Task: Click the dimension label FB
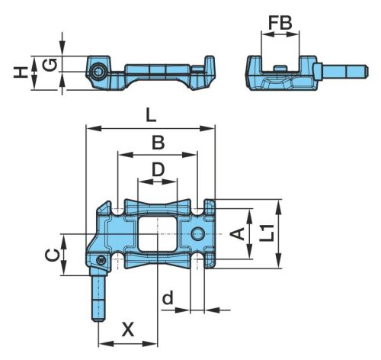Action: coord(280,23)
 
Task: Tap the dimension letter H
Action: coord(21,72)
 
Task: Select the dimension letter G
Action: coord(49,65)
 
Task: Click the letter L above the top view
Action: coord(151,116)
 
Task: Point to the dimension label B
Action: coord(158,143)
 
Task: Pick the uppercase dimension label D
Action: coord(158,170)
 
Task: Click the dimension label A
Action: coord(238,234)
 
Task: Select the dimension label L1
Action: coord(267,233)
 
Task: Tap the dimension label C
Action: coord(52,255)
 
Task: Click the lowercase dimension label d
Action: coord(168,297)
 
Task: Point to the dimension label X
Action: coord(128,329)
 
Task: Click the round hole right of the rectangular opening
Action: coord(198,233)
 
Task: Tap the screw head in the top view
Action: coord(101,260)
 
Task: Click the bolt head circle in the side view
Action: coord(98,72)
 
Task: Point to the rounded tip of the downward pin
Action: coord(98,320)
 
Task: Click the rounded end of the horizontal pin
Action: coord(367,72)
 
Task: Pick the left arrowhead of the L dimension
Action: coord(94,128)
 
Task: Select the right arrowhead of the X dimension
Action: coord(150,344)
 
